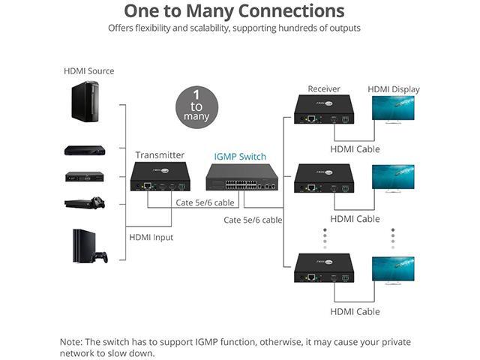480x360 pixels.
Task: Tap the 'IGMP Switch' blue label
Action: (240, 156)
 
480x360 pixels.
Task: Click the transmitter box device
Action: (160, 177)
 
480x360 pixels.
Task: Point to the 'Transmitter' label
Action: (160, 155)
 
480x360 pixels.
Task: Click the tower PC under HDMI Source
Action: (85, 101)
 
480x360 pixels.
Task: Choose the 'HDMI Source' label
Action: (89, 71)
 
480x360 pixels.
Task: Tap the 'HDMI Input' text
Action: (151, 237)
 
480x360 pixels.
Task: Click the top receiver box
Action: (324, 109)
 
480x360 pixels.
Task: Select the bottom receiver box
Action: (324, 268)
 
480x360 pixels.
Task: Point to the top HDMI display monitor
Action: (393, 109)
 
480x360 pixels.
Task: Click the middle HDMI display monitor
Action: (393, 178)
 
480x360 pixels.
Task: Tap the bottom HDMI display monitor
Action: (393, 268)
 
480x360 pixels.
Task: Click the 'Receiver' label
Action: (324, 89)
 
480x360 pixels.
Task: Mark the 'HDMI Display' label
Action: (394, 89)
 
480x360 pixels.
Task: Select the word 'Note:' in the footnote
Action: (73, 342)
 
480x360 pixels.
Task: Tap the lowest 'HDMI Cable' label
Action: (355, 311)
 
